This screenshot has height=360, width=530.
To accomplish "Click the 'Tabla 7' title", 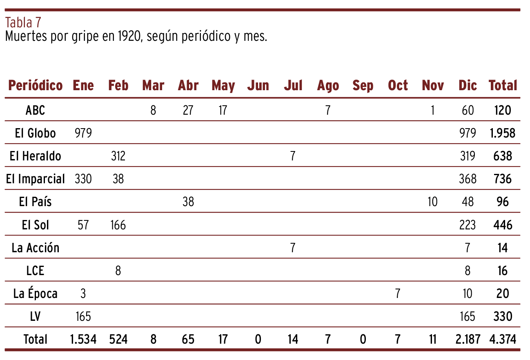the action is (23, 22).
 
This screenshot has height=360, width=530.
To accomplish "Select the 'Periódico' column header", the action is (36, 85).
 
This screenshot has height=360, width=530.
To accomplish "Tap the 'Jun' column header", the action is (258, 85).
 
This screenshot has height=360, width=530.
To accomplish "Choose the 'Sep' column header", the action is (363, 86).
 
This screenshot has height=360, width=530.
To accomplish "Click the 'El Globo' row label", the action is (35, 133).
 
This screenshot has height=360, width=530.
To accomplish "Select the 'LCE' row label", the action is (35, 271).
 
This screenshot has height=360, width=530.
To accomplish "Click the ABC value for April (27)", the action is (188, 110).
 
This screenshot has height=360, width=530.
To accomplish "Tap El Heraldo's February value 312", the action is (118, 156).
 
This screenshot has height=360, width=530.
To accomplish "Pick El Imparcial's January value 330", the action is (83, 179).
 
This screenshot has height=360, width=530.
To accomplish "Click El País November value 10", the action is (432, 202).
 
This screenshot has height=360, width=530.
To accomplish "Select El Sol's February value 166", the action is (118, 225).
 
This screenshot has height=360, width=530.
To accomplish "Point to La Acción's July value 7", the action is (293, 248).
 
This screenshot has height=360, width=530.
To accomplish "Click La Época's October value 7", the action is (398, 293).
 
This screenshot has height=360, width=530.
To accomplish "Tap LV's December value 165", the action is (468, 316).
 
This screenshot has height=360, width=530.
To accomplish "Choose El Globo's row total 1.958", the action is (503, 133).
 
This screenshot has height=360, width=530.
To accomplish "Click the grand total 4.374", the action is (503, 339).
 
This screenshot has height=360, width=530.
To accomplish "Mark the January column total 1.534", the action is (83, 339).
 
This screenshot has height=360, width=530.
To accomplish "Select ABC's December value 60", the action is (468, 110).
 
